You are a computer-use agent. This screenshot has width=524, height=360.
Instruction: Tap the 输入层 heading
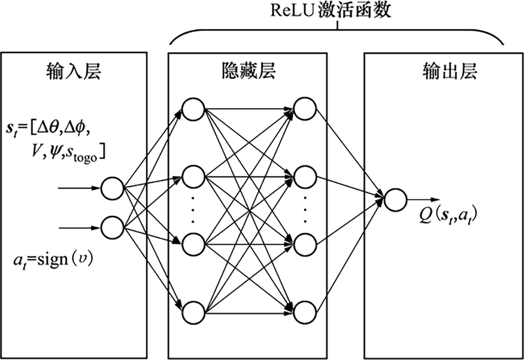[73, 72]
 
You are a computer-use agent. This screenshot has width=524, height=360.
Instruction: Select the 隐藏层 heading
[248, 72]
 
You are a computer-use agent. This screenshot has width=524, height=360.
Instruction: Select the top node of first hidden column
[193, 109]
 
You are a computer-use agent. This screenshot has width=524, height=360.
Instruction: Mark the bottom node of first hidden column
[193, 312]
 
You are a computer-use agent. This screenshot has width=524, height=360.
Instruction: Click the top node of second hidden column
[305, 109]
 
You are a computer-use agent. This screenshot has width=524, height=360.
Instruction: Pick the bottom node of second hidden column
[305, 312]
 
